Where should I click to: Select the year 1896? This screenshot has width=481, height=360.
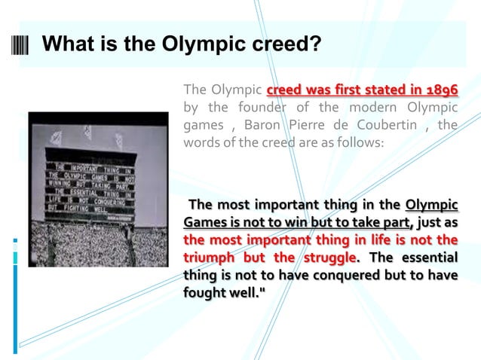pyautogui.click(x=440, y=90)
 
